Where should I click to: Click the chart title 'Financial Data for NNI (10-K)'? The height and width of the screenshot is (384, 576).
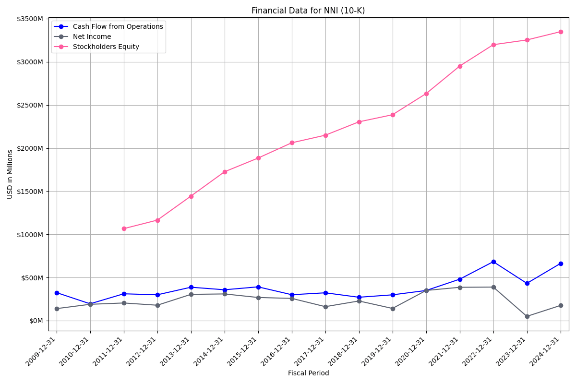pos(308,11)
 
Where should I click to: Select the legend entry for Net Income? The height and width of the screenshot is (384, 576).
pos(92,36)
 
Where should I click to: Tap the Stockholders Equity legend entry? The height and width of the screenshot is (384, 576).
pos(106,47)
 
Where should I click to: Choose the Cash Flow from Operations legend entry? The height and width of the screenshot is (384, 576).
pos(118,26)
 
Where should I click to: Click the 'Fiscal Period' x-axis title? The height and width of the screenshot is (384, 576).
pos(308,373)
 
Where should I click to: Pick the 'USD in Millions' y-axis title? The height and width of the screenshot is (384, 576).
pos(10,174)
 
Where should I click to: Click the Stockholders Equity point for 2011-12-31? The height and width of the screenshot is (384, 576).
pos(124,228)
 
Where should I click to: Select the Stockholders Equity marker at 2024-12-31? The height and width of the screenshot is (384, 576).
pos(561,32)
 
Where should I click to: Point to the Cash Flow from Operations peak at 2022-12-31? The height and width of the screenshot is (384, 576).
pos(493,262)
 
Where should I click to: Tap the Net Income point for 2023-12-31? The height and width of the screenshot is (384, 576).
pos(527,316)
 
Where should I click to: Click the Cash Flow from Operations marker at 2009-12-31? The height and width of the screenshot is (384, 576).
pos(57,293)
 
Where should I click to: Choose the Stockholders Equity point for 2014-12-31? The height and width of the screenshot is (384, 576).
pos(225,172)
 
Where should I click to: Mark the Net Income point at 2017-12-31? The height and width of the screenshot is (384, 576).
pos(325,307)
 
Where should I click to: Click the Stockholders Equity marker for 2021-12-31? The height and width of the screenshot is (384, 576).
pos(460,66)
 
